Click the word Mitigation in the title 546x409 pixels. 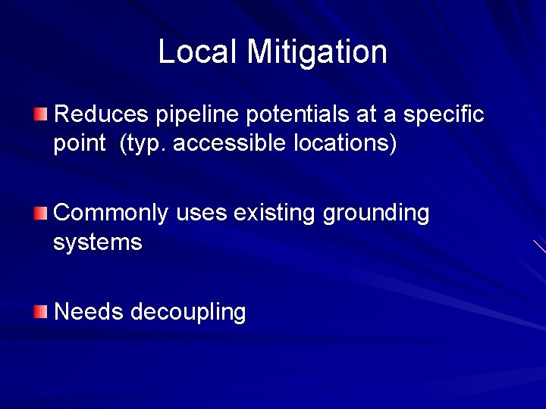point(317,52)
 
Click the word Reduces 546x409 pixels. point(102,114)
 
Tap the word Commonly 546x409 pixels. point(111,214)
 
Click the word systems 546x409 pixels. point(97,243)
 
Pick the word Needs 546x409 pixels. point(89,311)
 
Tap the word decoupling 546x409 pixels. point(188,312)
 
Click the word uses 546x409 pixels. point(202,214)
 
